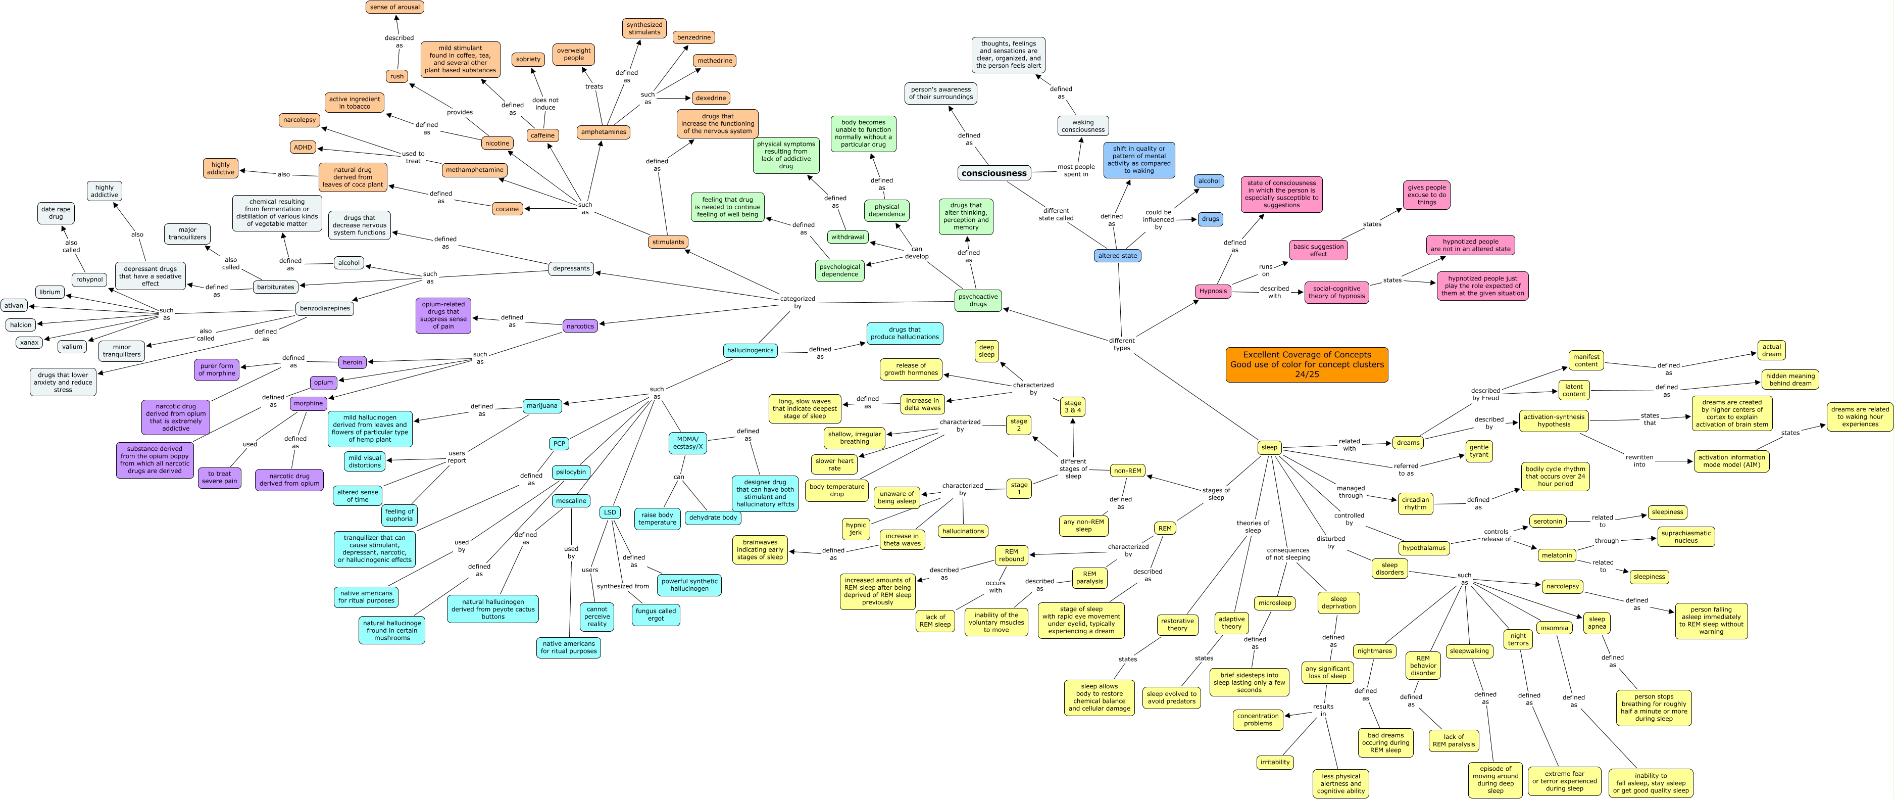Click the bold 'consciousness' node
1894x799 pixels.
point(993,173)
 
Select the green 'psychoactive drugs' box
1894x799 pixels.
point(978,300)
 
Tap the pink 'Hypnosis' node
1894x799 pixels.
point(1213,291)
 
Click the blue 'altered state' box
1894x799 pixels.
point(1118,256)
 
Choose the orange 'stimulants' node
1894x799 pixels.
point(668,242)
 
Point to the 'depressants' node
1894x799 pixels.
point(571,268)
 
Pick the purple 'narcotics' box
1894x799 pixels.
point(580,326)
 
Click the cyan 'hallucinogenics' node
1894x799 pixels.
point(750,350)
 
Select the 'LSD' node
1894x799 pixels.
point(610,512)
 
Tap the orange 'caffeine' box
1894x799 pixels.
point(542,135)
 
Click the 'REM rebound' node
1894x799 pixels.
point(1011,555)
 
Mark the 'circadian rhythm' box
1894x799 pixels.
point(1415,503)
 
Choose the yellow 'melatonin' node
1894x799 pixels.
point(1557,555)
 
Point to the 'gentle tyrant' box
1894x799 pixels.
point(1479,451)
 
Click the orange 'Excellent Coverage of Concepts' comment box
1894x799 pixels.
point(1307,364)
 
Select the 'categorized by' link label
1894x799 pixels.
point(797,302)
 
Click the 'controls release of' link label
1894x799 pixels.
point(1496,535)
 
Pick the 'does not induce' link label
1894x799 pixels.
point(545,104)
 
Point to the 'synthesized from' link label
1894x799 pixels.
point(623,586)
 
